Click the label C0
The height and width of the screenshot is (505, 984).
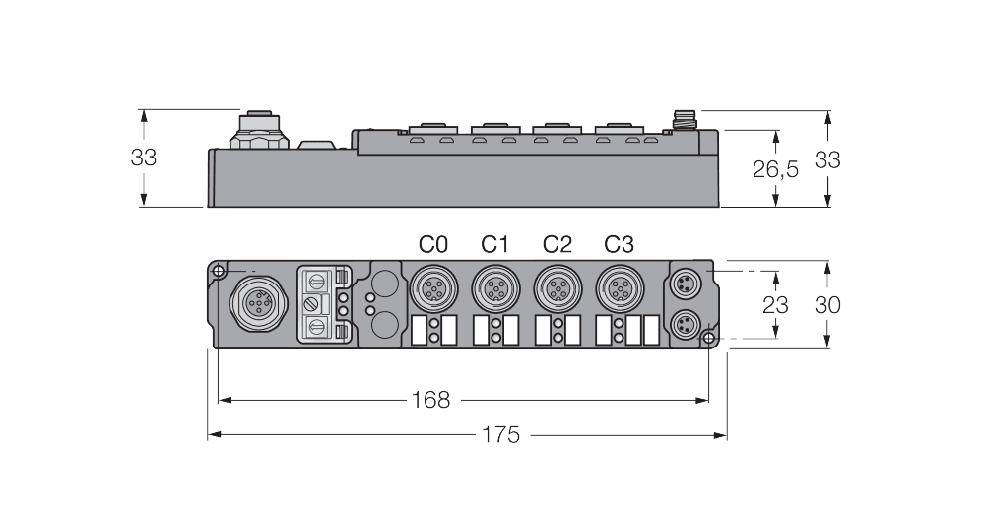pos(432,244)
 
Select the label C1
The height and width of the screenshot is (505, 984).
pos(494,244)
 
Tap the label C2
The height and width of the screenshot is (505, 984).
pos(557,244)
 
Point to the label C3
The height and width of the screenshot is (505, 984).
pos(619,244)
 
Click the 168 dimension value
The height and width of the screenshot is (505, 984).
pos(430,400)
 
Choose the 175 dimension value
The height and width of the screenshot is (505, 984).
pos(500,434)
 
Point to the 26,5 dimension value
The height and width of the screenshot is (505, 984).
pos(776,169)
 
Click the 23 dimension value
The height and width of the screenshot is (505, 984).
pos(775,305)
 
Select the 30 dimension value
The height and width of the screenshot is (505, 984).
pos(827,305)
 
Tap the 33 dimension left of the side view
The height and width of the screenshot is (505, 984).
pos(145,158)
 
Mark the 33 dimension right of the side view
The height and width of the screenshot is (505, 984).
pos(827,159)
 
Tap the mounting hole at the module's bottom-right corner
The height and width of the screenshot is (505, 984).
pos(709,340)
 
